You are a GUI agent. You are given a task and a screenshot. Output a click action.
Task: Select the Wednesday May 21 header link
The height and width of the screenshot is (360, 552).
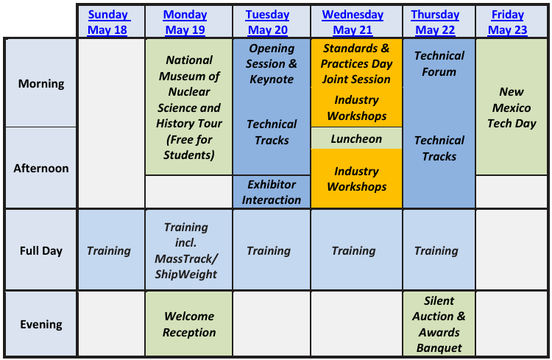pyautogui.click(x=353, y=22)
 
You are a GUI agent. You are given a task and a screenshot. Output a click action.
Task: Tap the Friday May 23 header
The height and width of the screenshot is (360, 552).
pyautogui.click(x=508, y=22)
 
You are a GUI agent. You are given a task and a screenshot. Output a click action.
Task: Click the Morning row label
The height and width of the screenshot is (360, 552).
pyautogui.click(x=41, y=83)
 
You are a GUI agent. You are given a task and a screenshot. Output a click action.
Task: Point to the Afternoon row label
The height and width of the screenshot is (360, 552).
pyautogui.click(x=41, y=168)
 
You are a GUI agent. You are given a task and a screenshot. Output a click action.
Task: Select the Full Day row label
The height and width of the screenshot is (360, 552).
pyautogui.click(x=41, y=250)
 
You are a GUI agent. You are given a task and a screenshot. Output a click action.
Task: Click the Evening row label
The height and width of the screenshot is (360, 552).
pyautogui.click(x=41, y=324)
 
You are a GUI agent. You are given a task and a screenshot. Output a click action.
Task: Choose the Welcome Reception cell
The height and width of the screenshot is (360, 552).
pyautogui.click(x=188, y=324)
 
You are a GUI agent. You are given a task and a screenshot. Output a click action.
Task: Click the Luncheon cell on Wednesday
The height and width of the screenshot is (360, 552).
pyautogui.click(x=356, y=138)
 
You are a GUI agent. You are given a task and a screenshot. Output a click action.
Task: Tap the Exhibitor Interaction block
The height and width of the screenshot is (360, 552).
pyautogui.click(x=272, y=191)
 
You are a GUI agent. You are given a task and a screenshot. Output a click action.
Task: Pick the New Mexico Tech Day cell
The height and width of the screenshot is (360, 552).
pyautogui.click(x=512, y=107)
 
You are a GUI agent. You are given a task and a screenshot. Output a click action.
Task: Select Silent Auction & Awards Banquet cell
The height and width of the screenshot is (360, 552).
pyautogui.click(x=439, y=324)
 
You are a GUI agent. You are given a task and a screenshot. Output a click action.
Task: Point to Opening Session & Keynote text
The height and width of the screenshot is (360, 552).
pyautogui.click(x=272, y=63)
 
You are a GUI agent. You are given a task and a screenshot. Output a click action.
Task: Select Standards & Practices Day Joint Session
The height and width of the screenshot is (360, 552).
pyautogui.click(x=356, y=63)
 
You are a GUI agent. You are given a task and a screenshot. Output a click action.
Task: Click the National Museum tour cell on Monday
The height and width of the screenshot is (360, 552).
pyautogui.click(x=188, y=107)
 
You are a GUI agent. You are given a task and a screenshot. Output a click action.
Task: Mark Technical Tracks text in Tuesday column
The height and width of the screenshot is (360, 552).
pyautogui.click(x=272, y=132)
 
